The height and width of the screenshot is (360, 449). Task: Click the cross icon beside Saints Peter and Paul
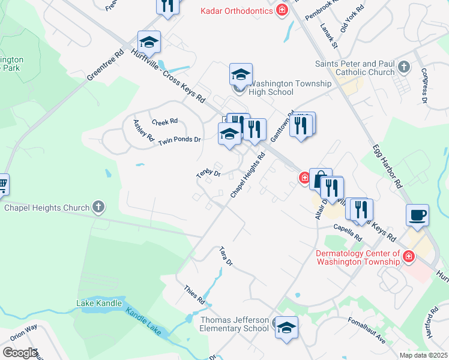(404, 67)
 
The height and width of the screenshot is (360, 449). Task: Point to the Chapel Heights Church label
(47, 208)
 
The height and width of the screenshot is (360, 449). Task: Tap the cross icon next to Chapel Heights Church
(98, 208)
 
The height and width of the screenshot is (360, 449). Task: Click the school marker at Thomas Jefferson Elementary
(286, 328)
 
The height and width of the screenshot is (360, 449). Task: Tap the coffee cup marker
(417, 214)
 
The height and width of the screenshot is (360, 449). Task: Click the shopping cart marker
(2, 184)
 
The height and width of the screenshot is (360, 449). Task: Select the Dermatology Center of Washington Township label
(358, 257)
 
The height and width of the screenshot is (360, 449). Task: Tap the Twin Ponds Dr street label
(179, 140)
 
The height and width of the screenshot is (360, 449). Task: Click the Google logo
(20, 352)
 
